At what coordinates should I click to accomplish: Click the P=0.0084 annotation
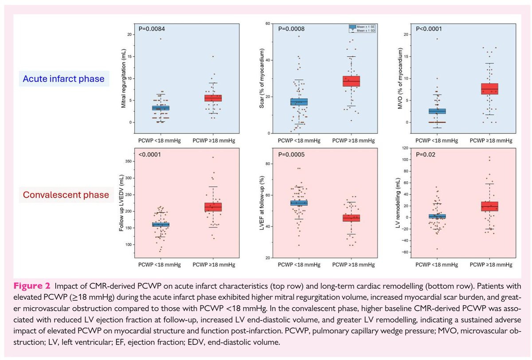coord(151,29)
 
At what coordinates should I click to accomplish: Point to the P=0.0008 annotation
coord(291,29)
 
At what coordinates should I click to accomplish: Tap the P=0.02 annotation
coord(426,155)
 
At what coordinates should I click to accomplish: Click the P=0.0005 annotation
coord(291,155)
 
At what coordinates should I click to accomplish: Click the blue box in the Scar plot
coord(299,102)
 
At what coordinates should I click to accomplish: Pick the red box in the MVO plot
coord(490,89)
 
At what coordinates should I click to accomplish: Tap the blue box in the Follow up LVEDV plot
coord(160,224)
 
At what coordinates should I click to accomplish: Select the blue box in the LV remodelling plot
coord(437,216)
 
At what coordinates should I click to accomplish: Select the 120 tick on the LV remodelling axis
coord(405,148)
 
